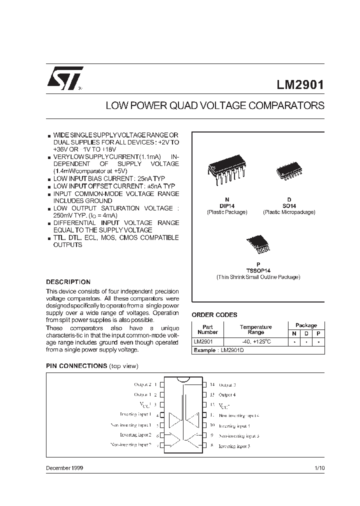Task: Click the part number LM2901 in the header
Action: coord(300,84)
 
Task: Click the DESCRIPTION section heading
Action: coord(68,282)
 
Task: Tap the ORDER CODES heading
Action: coord(214,315)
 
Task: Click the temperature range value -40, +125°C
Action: coord(255,342)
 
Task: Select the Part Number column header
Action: coord(207,329)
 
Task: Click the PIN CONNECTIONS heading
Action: coord(76,366)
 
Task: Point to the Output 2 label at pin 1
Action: coord(142,384)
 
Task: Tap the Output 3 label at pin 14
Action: coord(227,385)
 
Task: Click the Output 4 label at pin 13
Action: coord(227,395)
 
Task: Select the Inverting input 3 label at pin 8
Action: coord(234,445)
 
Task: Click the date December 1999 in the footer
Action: coord(64,468)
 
